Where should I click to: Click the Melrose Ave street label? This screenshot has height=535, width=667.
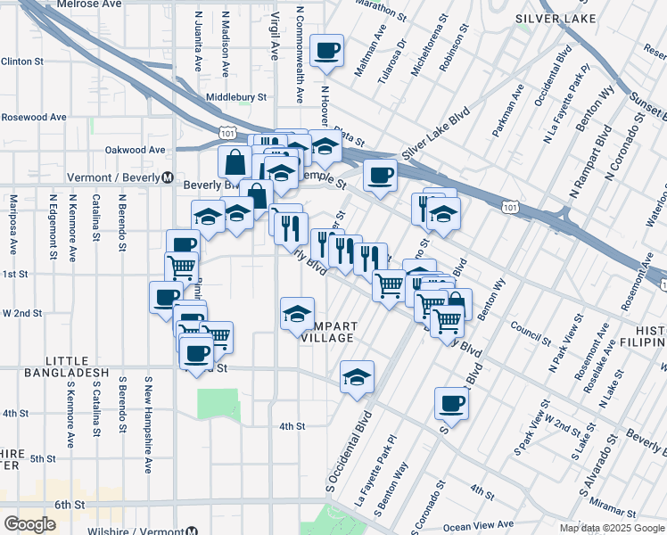pos(88,4)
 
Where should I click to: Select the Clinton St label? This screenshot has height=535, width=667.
pos(22,62)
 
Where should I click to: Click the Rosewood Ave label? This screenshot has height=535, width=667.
pos(34,117)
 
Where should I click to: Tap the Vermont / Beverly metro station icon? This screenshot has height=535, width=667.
pos(168,177)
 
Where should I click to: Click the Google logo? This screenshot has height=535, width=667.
pos(29,524)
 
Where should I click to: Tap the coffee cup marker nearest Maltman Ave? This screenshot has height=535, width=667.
pos(327,50)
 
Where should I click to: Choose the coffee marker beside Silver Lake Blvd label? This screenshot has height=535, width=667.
pos(380,175)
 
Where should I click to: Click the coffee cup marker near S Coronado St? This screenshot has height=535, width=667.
pos(451,404)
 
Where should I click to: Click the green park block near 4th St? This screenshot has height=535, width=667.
pos(218,405)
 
